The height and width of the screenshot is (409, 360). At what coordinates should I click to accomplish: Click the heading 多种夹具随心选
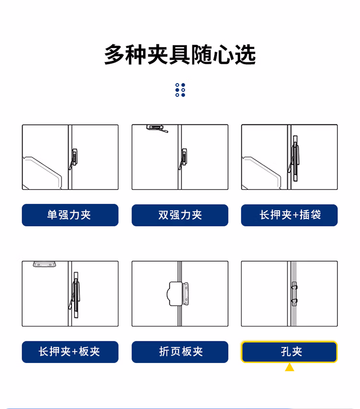pos(180,55)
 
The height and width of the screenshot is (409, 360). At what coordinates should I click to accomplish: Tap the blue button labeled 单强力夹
pos(70,215)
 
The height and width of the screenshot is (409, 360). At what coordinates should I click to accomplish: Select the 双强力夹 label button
pos(180,215)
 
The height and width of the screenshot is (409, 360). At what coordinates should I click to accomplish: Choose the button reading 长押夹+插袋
pos(289,215)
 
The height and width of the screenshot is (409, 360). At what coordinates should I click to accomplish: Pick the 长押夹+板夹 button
pos(70,352)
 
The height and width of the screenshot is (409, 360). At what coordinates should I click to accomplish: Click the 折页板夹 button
pos(180,352)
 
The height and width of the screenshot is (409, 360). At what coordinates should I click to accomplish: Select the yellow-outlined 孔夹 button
pos(289,352)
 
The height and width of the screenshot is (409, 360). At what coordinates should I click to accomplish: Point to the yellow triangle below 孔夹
pos(289,367)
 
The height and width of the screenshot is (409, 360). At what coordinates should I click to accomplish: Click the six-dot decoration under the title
pos(180,90)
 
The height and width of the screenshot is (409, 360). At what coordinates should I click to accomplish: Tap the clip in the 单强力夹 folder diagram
pos(74,158)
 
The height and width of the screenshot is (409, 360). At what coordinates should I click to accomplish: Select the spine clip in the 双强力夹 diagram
pos(183,158)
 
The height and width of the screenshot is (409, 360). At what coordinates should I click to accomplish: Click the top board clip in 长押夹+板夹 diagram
pos(45,264)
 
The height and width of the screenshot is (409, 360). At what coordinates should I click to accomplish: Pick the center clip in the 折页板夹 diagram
pos(178,293)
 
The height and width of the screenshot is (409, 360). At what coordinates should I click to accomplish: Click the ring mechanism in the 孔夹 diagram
pos(294,294)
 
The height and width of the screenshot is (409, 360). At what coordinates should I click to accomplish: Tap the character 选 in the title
pos(245,55)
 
